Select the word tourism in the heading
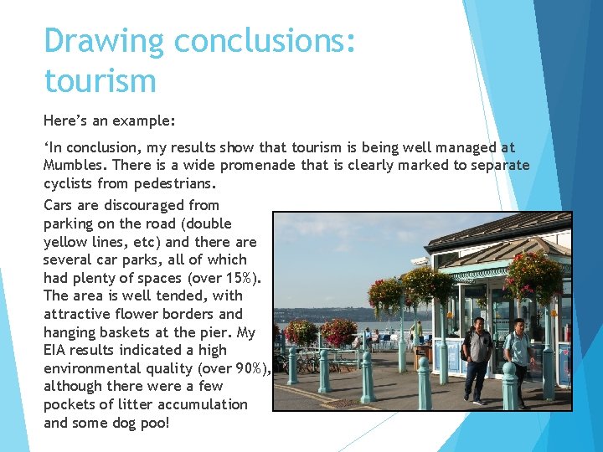(100, 81)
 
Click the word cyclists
(70, 182)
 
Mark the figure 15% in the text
(240, 278)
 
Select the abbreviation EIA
(57, 350)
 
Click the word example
(143, 121)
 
